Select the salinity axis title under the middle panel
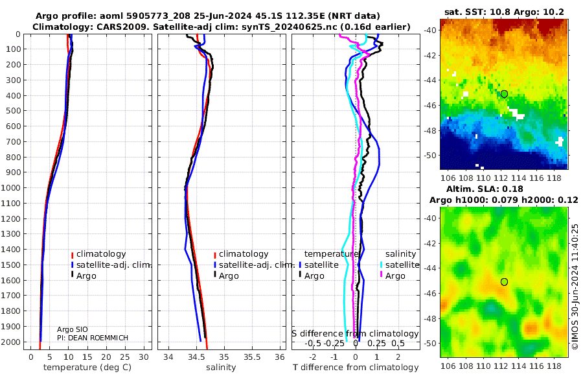[222, 368]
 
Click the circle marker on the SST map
[504, 94]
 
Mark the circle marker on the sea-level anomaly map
[504, 281]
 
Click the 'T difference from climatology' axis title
[355, 368]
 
